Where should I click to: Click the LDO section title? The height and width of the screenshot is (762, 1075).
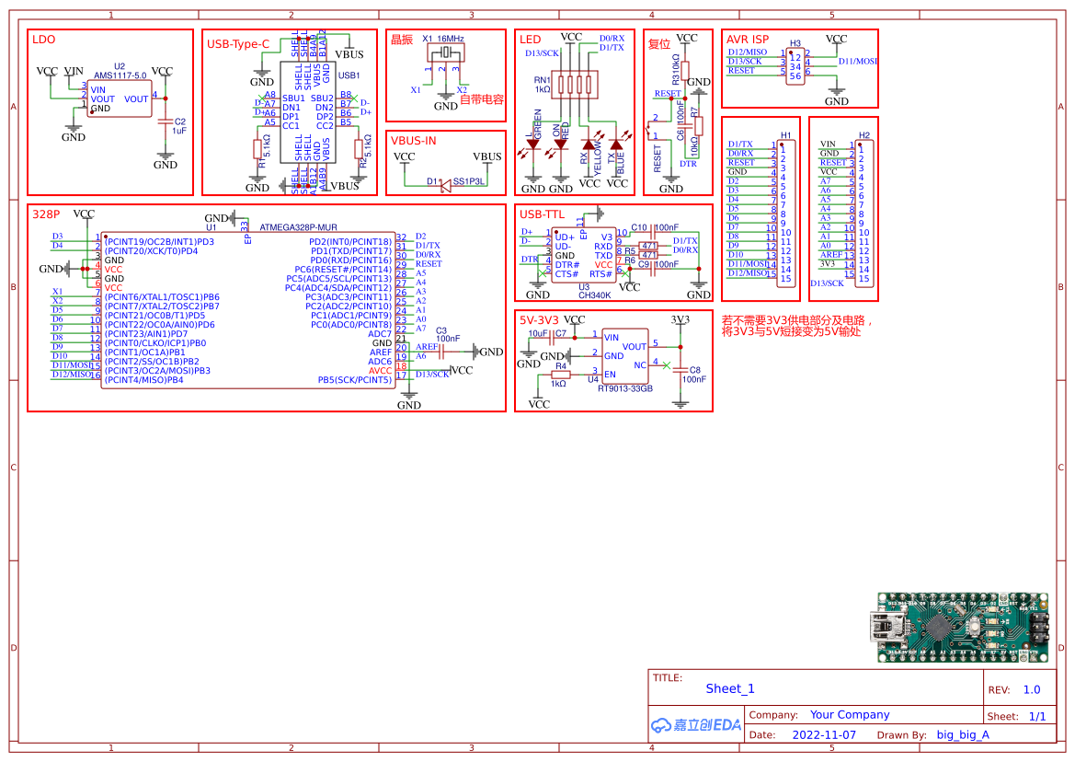[x=43, y=40]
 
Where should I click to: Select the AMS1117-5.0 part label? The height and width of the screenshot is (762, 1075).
[x=120, y=75]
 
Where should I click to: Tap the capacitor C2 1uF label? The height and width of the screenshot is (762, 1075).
[x=179, y=126]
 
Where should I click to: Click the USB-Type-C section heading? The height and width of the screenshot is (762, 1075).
[x=238, y=43]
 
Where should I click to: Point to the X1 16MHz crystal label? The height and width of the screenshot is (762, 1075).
[x=442, y=39]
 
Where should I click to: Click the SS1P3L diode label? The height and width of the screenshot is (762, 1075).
[x=468, y=182]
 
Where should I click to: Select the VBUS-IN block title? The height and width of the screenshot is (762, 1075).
[x=413, y=141]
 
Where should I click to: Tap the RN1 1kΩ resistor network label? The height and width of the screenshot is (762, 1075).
[x=543, y=85]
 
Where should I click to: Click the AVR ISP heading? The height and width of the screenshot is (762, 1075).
[x=748, y=40]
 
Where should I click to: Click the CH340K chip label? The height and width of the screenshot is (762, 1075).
[x=594, y=295]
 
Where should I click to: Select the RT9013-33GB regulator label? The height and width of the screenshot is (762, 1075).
[x=624, y=388]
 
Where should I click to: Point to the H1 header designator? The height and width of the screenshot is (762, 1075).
[x=785, y=135]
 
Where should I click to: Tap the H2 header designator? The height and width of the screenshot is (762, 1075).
[x=863, y=135]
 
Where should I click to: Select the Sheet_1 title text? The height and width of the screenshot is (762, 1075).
[x=730, y=688]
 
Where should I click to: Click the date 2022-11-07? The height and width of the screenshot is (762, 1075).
[x=823, y=735]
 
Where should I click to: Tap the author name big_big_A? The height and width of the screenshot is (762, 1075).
[x=963, y=735]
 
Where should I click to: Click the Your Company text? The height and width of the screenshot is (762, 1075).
[x=850, y=715]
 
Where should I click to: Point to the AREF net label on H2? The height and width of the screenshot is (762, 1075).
[x=830, y=255]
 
